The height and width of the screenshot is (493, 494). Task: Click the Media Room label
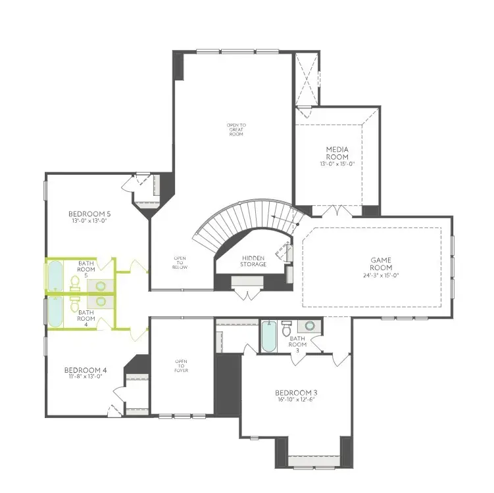click(x=337, y=153)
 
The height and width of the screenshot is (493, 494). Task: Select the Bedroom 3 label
click(x=296, y=393)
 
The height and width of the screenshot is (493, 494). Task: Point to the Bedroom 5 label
click(x=90, y=214)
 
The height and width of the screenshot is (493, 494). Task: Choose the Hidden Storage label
click(x=254, y=261)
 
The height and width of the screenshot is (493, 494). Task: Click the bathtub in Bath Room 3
click(x=268, y=337)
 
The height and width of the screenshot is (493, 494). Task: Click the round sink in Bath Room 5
click(x=101, y=285)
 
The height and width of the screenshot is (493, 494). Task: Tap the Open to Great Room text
click(x=236, y=129)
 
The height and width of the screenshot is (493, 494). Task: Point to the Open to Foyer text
click(x=181, y=365)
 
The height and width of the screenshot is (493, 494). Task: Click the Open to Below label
click(x=180, y=262)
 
